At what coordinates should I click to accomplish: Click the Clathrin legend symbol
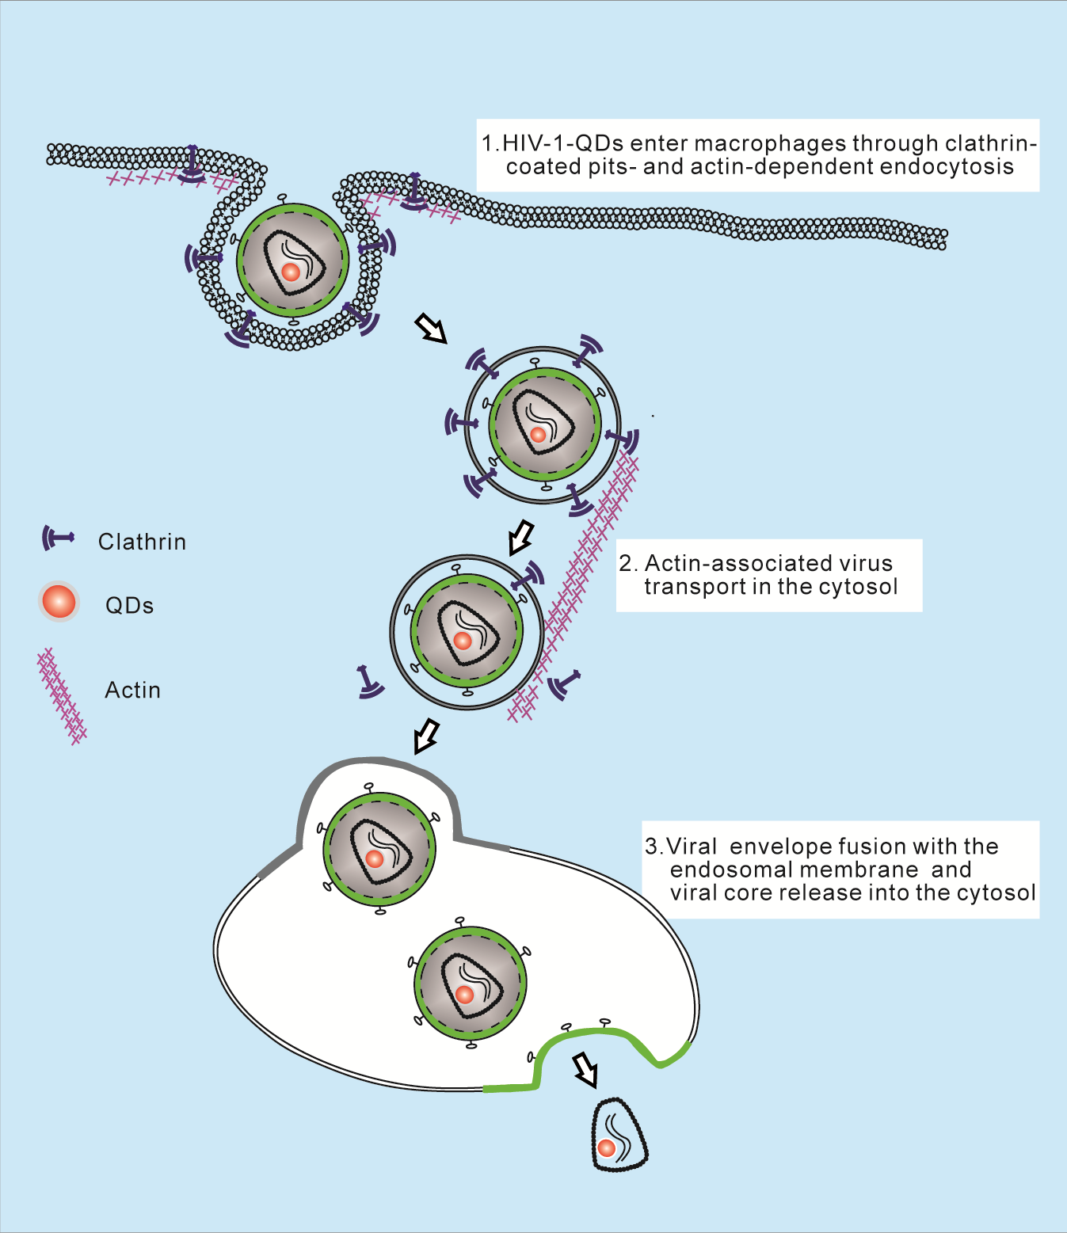(57, 538)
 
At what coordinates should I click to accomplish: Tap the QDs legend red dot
(59, 602)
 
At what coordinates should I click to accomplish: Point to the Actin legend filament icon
(62, 696)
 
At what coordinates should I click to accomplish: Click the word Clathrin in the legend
(142, 542)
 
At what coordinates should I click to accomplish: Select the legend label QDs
(129, 606)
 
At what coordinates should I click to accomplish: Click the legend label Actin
(132, 691)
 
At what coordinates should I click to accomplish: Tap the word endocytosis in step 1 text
(947, 166)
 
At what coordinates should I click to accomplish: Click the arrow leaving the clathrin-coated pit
(431, 326)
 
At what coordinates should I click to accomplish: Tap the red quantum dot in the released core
(607, 1147)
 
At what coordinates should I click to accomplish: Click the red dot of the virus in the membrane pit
(291, 272)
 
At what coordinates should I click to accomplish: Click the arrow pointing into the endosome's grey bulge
(426, 736)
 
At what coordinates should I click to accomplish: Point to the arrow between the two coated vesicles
(520, 538)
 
